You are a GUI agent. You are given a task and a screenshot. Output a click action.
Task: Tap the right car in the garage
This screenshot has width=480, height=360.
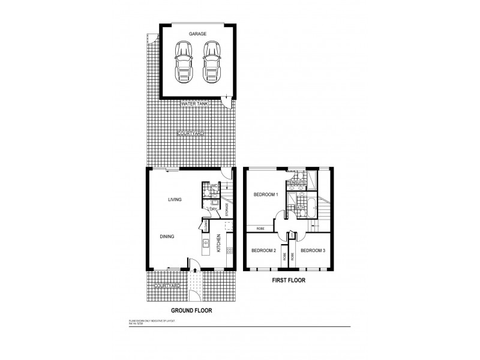(x=211, y=61)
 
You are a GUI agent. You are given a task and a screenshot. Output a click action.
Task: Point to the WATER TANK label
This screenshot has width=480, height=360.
(x=196, y=104)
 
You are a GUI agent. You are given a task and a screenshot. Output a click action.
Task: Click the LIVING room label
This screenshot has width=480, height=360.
(x=175, y=199)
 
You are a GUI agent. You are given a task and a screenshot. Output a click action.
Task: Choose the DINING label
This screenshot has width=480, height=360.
(x=167, y=236)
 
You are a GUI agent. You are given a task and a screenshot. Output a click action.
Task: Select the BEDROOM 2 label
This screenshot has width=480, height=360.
(x=263, y=250)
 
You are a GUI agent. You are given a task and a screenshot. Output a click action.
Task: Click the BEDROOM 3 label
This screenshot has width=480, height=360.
(x=313, y=250)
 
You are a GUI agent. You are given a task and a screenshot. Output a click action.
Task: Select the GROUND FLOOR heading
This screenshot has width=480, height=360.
(x=191, y=311)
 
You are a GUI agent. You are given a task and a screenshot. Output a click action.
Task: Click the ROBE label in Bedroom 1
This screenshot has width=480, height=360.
(x=260, y=229)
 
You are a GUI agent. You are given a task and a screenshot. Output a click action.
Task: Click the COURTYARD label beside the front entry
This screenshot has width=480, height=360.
(x=167, y=286)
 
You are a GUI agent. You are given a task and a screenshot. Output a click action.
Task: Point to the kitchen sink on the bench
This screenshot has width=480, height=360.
(x=206, y=244)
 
